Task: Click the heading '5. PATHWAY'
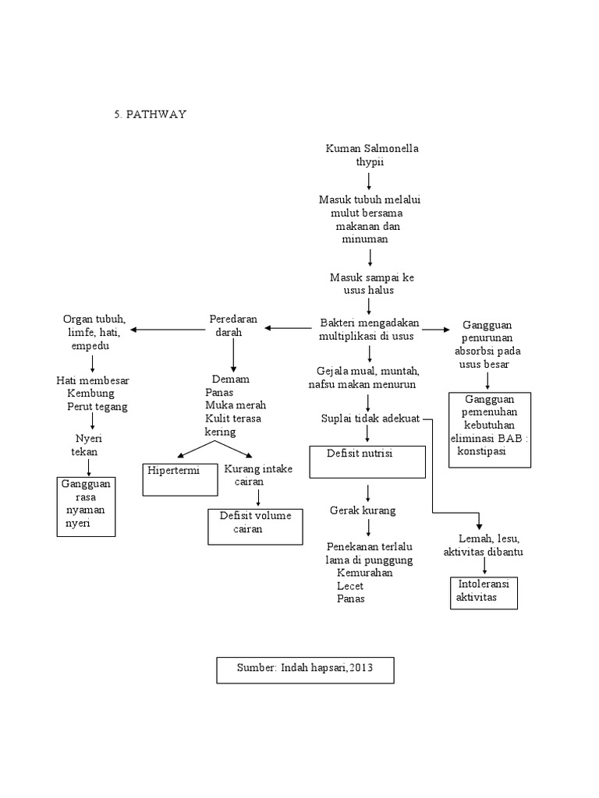pos(151,115)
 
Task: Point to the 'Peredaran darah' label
pos(232,325)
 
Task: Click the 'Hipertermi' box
pos(180,478)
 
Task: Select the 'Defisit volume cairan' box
pos(254,526)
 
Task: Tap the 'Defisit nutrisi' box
pos(367,461)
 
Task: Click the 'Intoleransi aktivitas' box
pos(484,592)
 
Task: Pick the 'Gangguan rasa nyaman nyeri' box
pos(86,507)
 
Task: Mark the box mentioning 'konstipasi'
pos(490,430)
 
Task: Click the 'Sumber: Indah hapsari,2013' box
pos(305,669)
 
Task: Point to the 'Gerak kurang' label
pos(362,510)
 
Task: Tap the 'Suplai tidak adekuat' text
pos(370,418)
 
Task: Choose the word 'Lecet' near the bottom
pos(350,585)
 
